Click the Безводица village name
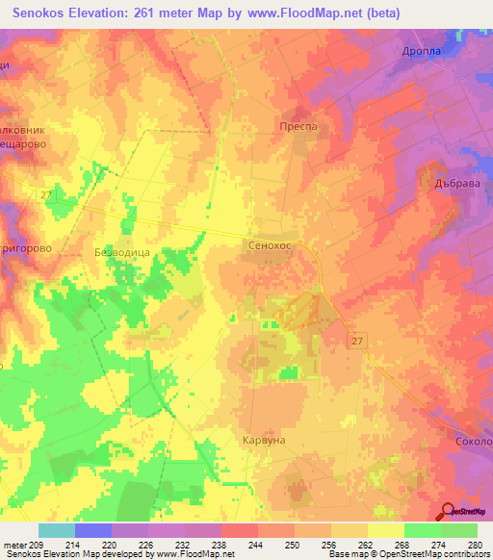click(120, 251)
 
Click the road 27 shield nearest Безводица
click(48, 195)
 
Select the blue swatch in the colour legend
click(92, 530)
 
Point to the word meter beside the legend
click(13, 544)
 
